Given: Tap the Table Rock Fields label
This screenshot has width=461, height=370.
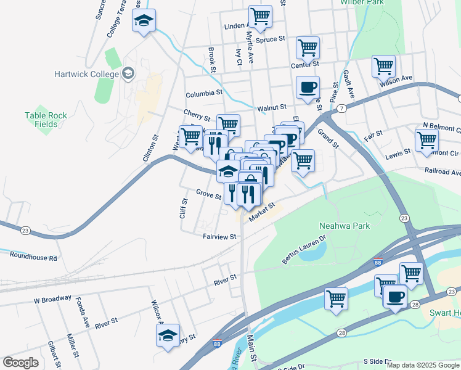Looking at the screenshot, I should (42, 119).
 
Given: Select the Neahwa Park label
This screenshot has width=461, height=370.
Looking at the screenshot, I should (345, 226).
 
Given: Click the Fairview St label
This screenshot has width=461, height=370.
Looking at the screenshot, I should (219, 236).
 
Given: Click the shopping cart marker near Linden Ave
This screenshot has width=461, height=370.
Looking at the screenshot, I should (261, 16).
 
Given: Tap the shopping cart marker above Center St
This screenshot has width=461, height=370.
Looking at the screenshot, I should (307, 47).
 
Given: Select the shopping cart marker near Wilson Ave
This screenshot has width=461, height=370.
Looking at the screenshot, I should (383, 65).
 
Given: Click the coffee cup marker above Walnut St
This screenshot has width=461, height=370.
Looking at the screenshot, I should (307, 87).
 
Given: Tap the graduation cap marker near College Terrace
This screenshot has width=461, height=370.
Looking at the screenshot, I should (144, 20).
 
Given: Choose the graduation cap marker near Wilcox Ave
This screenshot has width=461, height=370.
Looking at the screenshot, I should (168, 335).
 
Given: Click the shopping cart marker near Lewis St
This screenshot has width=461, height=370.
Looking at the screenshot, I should (426, 139).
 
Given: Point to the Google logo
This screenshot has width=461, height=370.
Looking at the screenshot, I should (21, 363).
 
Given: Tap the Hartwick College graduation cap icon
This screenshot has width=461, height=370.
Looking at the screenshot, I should (128, 74).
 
